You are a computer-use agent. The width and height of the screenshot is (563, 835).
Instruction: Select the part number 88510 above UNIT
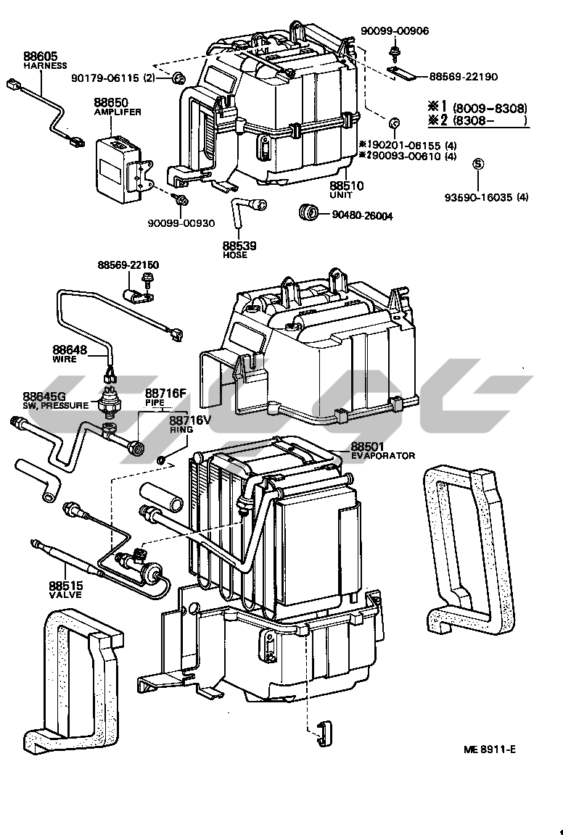coord(346,186)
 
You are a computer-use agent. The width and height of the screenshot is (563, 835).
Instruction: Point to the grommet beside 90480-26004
coord(310,213)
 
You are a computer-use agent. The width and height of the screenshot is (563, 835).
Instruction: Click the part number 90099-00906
coord(395,30)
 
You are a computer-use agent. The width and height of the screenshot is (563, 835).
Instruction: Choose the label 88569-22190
coord(467,76)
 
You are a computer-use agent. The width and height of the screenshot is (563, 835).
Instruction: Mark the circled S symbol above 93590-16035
coord(477,164)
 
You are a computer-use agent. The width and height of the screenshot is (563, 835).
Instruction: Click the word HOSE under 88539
coord(235,255)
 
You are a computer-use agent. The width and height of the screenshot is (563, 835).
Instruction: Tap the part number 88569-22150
coord(128,266)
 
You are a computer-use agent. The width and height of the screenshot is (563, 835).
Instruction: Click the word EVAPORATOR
coord(383,456)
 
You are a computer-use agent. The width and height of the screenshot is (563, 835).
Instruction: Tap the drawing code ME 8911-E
coord(491,749)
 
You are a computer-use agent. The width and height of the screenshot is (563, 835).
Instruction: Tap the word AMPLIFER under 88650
coord(117,112)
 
